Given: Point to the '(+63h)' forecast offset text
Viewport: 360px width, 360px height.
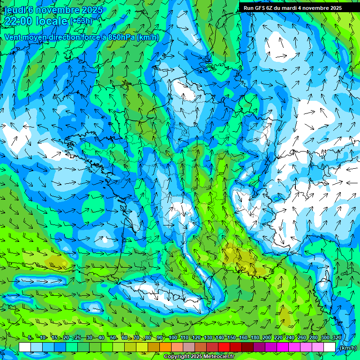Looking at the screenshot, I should [x=81, y=21].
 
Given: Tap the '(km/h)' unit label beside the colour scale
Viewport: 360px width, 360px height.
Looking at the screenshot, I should [x=347, y=347].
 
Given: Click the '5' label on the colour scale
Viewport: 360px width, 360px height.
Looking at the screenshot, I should [x=30, y=338].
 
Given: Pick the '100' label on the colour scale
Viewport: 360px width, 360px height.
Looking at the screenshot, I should [x=173, y=338].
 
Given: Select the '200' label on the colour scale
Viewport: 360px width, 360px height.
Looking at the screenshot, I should [x=267, y=338].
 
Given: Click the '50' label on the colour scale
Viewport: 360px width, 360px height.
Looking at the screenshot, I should [x=113, y=338].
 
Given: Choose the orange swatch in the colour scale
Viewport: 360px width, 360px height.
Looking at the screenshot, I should [x=165, y=347].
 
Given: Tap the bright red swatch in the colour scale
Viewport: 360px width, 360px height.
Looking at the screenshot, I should [x=224, y=347].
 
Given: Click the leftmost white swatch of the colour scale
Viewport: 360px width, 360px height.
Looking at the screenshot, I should [x=25, y=347].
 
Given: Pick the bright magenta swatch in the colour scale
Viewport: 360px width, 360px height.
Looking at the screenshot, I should [x=283, y=347].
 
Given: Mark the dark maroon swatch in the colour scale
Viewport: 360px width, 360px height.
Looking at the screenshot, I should [x=247, y=347].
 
